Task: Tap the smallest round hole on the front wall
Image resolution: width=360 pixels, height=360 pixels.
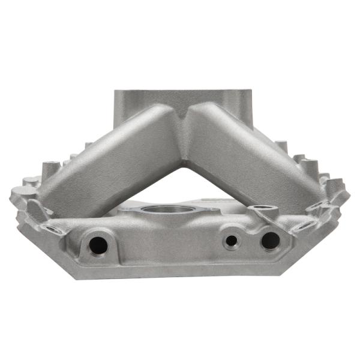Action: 232,241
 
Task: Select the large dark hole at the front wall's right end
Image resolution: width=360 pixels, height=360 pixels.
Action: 270,240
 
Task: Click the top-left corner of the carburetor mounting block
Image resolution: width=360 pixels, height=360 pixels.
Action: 116,92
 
